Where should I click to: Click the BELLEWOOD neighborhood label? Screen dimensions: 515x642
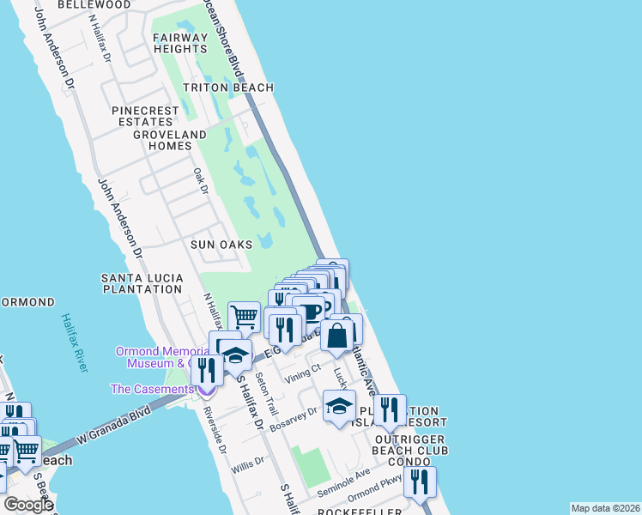[94, 5]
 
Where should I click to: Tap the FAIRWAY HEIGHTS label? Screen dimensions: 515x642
[180, 43]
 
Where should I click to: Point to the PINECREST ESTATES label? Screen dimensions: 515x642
[146, 116]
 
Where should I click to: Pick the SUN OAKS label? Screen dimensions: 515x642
[221, 245]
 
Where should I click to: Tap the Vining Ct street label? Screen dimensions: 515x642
[301, 370]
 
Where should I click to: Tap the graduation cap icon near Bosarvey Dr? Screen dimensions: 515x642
[339, 406]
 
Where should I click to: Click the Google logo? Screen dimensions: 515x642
[28, 505]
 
